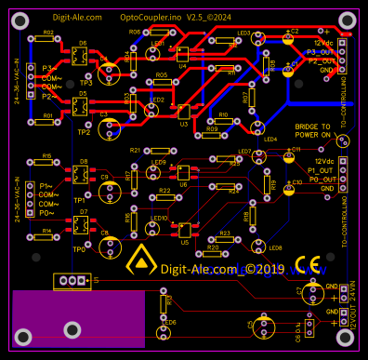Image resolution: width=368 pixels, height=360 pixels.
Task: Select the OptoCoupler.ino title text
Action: (151, 17)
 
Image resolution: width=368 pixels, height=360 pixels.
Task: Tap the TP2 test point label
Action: (84, 132)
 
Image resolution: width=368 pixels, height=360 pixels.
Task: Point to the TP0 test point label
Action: (78, 249)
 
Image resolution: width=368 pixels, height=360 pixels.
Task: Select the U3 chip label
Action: (183, 123)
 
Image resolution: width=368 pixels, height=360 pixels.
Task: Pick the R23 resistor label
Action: (224, 233)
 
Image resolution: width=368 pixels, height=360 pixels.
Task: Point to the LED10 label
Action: (158, 219)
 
